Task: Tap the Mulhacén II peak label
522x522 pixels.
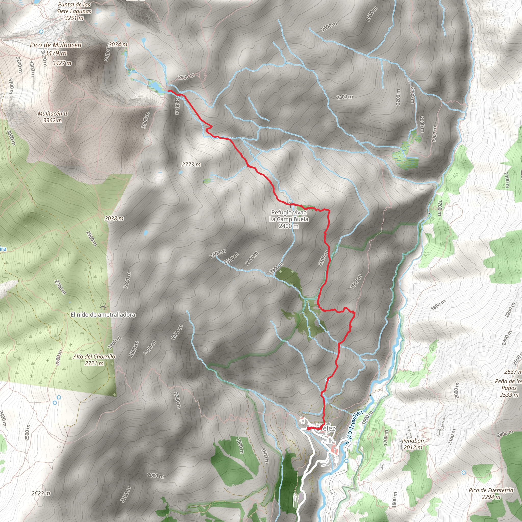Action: pos(53,117)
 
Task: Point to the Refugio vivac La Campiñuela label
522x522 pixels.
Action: pos(289,219)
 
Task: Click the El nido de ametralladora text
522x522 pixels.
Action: pos(103,315)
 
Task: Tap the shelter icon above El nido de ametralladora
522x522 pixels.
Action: pos(102,307)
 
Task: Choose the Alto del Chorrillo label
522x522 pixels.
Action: pos(94,360)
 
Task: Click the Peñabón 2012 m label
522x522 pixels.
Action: pos(413,444)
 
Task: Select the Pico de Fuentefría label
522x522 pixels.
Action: pos(491,493)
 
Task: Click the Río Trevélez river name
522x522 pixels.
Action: pos(354,427)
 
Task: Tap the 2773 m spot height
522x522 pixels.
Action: pos(191,165)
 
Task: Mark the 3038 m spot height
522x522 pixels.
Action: pos(114,218)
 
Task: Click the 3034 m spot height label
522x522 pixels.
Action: pos(118,44)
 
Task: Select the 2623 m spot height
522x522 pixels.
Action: pos(41,493)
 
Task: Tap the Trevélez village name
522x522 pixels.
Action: pos(323,428)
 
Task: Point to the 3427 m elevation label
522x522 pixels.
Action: pos(62,63)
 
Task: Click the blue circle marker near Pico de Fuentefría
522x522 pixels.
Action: pos(464,472)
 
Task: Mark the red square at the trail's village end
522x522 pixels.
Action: pos(308,428)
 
